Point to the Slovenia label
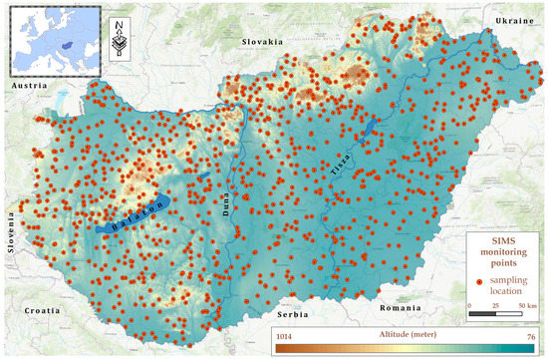click(x=11, y=231)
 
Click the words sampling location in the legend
click(x=513, y=283)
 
